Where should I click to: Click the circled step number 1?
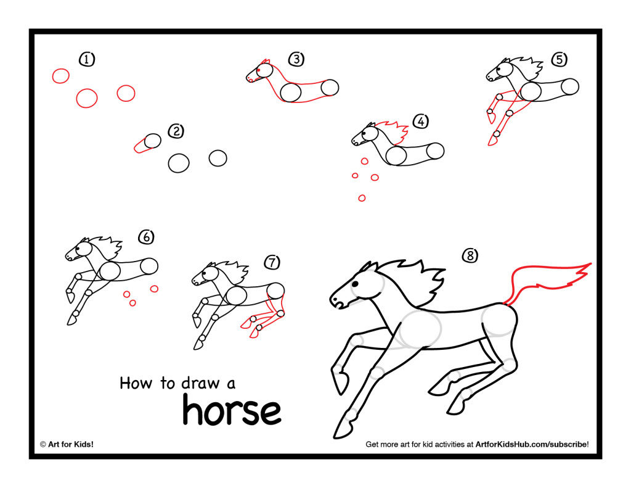point(87,59)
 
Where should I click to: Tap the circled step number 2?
point(176,131)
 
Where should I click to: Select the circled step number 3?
point(296,59)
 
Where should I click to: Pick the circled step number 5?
point(558,59)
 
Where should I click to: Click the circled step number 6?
point(146,236)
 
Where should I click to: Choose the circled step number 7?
point(272,262)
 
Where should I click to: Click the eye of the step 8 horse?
point(355,284)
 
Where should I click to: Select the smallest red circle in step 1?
point(60,76)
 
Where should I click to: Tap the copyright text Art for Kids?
point(67,444)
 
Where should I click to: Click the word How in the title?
point(136,383)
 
